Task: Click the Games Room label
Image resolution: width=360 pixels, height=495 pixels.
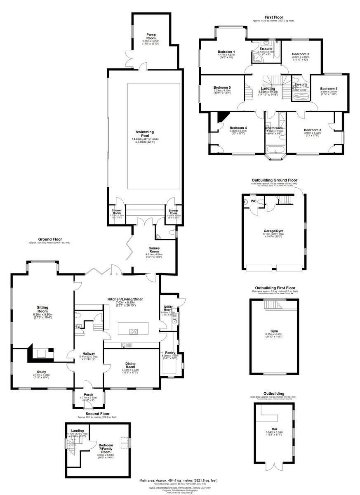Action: tap(154, 249)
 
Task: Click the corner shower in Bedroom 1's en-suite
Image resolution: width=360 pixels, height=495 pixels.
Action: tap(256, 58)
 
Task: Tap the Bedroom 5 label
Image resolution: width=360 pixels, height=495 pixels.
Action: tap(222, 87)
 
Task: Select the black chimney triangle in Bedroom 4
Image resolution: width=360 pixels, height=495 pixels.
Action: tap(223, 117)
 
